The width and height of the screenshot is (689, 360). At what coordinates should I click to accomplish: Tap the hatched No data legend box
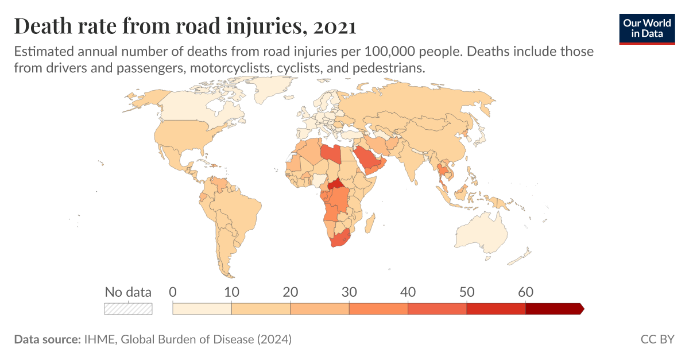(x=128, y=308)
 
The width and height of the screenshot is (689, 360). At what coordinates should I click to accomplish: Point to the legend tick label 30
(x=349, y=292)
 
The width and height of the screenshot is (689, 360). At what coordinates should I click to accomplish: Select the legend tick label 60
(x=525, y=292)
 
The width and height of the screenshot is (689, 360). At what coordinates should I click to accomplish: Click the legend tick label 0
(x=173, y=292)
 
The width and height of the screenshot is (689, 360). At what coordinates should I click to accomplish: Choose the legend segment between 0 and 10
(x=202, y=308)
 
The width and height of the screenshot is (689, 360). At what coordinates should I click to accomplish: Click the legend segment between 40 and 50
(x=437, y=308)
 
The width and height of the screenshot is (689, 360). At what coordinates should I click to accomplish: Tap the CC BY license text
(x=657, y=339)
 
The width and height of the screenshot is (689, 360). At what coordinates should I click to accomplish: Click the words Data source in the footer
(x=47, y=339)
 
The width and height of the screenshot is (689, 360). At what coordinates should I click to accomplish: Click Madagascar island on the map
(x=370, y=221)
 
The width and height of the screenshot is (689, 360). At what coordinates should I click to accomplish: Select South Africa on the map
(x=338, y=242)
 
